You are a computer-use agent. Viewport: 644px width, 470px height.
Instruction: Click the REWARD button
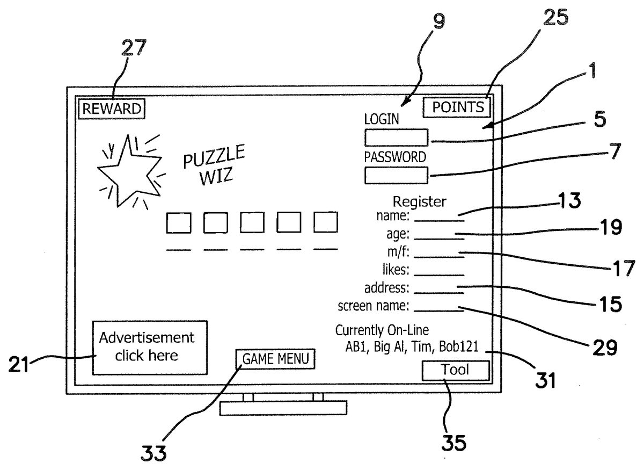[112, 109]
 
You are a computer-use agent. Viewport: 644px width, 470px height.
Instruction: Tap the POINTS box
[457, 107]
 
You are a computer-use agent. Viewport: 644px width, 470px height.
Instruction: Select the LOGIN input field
[396, 138]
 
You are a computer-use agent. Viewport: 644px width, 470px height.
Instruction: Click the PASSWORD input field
[396, 176]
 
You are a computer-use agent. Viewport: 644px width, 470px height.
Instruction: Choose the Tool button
[456, 370]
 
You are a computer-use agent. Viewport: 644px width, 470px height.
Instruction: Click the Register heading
[419, 202]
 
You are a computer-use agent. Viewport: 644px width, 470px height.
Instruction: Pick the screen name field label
[374, 306]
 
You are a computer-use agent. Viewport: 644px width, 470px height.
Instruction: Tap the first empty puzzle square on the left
[179, 222]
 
